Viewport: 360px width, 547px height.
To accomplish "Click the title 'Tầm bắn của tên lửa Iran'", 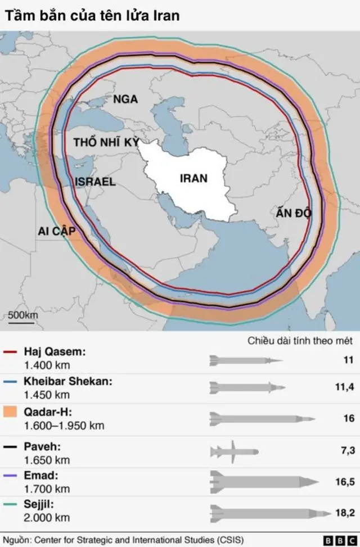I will coord(93,15).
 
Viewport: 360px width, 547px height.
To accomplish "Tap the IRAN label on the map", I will coord(193,179).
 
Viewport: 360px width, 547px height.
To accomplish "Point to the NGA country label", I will coord(125,100).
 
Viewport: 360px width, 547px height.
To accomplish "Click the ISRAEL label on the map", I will coord(95,182).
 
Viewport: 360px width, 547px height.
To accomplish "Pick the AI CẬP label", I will coord(57,232).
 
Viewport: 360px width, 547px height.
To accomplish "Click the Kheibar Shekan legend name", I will coord(67,381).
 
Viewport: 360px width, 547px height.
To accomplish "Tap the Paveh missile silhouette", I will coord(234,451).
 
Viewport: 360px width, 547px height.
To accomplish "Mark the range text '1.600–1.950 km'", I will coord(64,426).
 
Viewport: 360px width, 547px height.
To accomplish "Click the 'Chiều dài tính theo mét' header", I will coord(300,341).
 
